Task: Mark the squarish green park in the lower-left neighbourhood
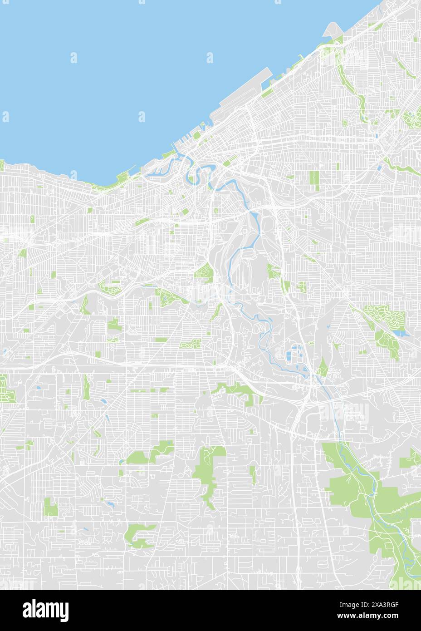[51, 507]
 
